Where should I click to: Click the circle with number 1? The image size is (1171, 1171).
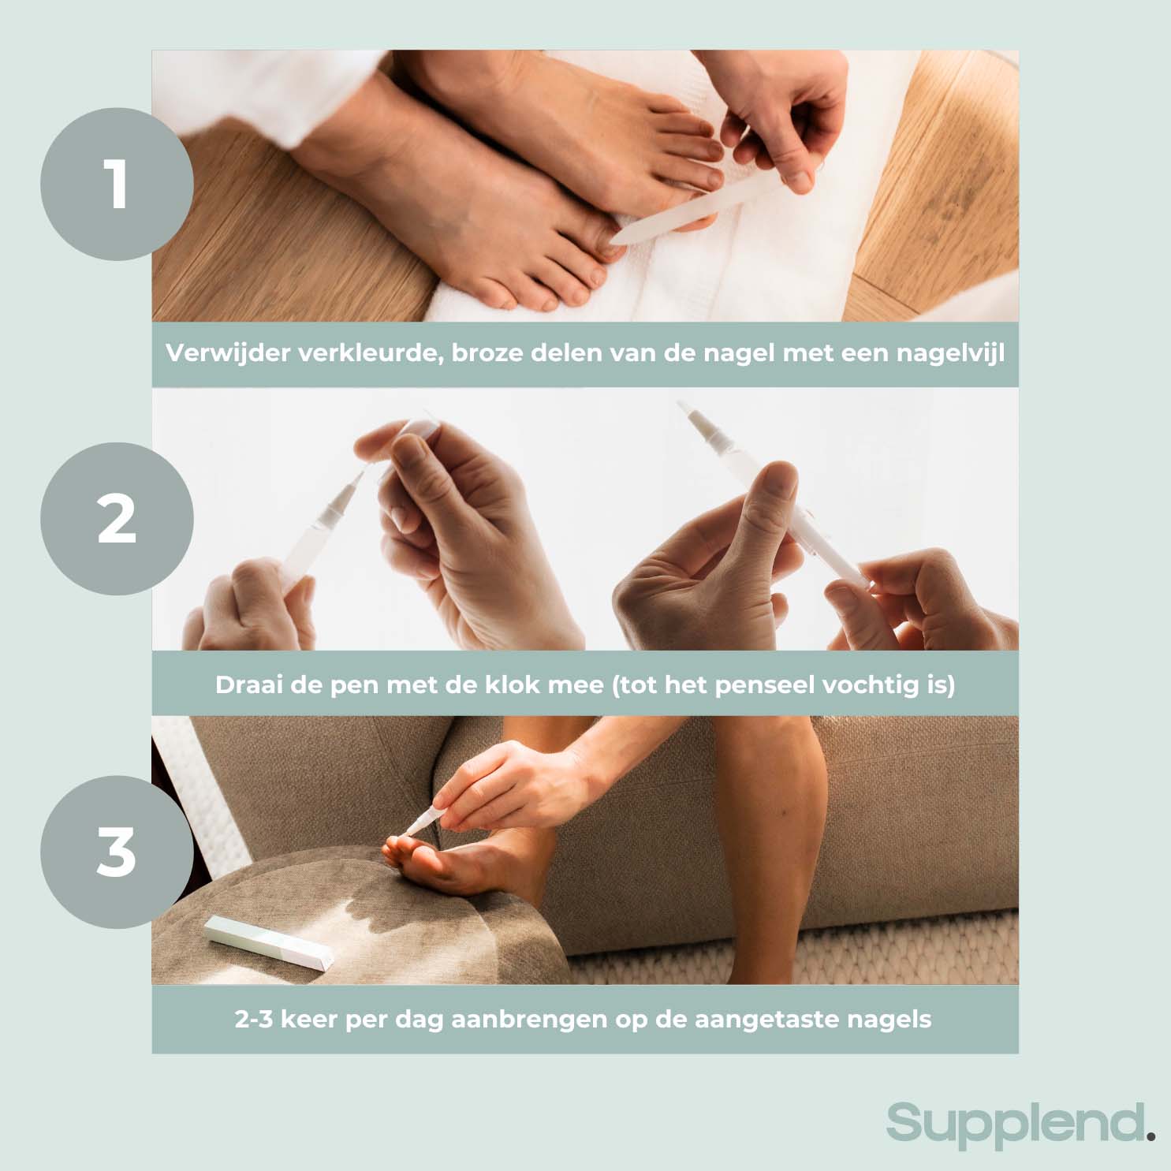(x=117, y=185)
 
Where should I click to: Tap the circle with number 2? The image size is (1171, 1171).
(x=117, y=519)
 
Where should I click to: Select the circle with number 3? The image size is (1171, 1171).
(x=117, y=852)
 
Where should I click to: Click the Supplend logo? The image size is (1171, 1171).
(x=1016, y=1123)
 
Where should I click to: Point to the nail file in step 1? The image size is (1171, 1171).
(x=694, y=209)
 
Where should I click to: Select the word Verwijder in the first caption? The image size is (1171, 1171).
(x=228, y=353)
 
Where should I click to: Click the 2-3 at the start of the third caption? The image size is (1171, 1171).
(x=254, y=1020)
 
